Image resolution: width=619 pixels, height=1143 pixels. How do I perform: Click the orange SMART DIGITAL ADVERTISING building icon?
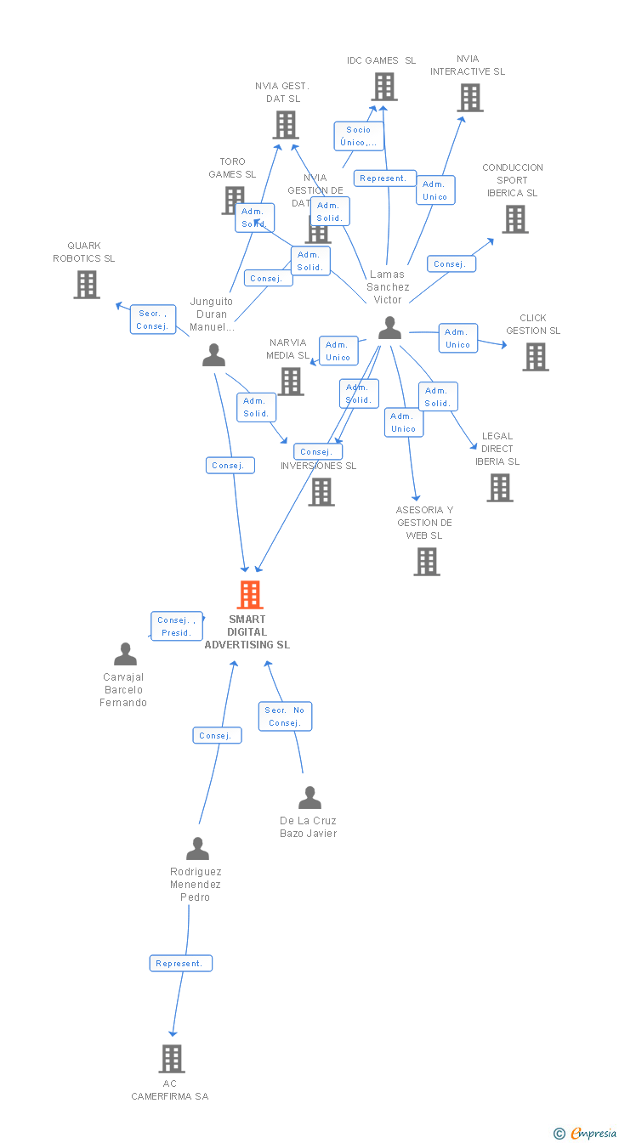click(249, 595)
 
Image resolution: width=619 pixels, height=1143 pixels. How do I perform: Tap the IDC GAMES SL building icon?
click(383, 87)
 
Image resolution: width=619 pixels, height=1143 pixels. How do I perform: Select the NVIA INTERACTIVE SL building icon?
click(469, 98)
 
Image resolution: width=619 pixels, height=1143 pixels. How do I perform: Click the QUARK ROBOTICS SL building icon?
click(87, 285)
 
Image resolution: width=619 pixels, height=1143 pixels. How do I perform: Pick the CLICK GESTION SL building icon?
click(536, 357)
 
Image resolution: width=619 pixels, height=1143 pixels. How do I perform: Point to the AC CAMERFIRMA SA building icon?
click(172, 1059)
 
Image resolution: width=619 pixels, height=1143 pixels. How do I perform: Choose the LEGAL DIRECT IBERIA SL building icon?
click(500, 488)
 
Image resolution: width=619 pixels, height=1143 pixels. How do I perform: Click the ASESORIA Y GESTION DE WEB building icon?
click(426, 562)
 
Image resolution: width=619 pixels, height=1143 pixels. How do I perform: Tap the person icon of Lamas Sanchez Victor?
click(389, 328)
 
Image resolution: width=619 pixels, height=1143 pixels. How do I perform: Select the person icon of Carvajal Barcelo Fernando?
click(125, 654)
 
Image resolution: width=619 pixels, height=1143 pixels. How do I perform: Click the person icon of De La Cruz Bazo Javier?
click(309, 798)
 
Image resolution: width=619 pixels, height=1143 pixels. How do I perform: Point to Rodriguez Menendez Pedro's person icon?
click(197, 849)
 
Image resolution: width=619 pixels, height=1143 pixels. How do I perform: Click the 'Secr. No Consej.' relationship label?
click(285, 716)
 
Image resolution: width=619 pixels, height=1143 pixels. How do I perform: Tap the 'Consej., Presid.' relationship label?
click(177, 626)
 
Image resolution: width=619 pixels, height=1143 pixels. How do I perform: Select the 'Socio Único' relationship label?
click(358, 136)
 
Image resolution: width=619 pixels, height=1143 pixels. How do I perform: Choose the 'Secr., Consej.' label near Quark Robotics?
click(153, 320)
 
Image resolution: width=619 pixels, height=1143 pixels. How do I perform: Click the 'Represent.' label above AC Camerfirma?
click(180, 963)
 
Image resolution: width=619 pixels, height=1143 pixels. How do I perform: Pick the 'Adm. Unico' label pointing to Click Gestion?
click(457, 338)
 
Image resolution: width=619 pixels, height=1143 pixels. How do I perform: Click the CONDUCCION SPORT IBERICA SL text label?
click(512, 180)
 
